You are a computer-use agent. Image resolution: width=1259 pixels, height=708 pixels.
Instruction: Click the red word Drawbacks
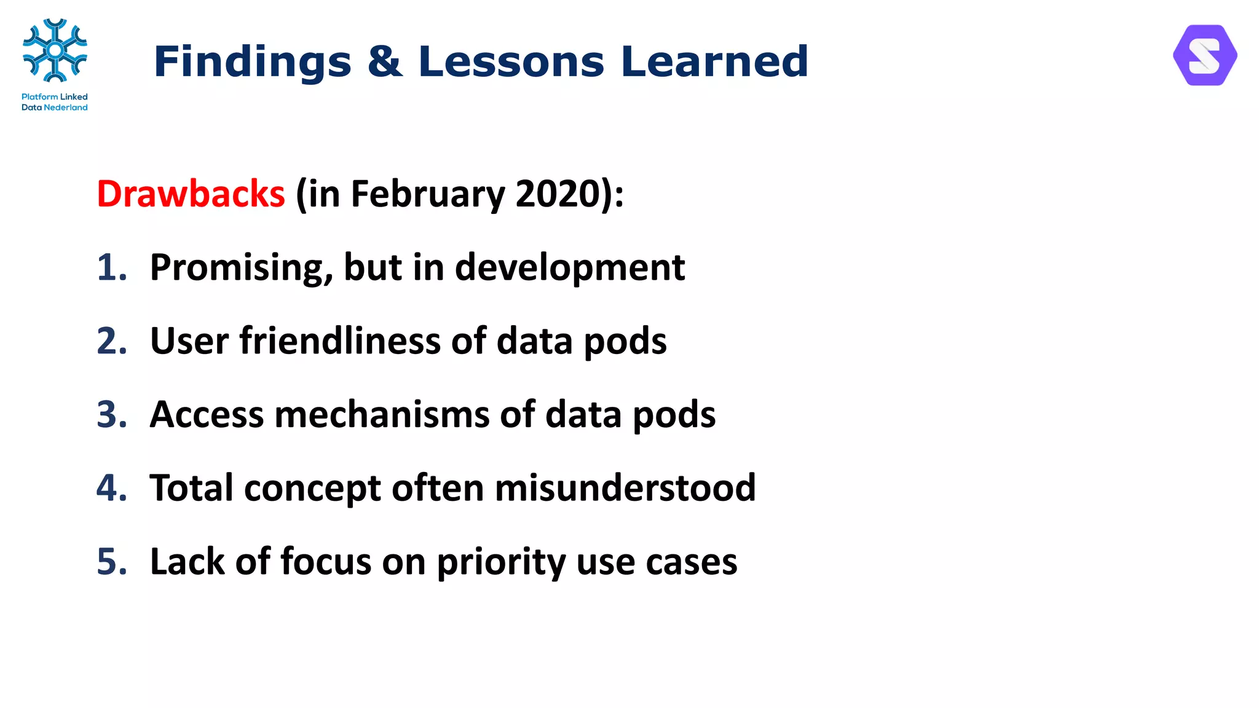[191, 194]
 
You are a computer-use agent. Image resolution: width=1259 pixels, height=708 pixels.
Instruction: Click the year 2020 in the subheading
[557, 194]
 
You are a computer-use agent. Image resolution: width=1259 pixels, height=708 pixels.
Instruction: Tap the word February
[427, 194]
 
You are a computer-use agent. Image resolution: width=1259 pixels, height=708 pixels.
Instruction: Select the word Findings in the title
[252, 61]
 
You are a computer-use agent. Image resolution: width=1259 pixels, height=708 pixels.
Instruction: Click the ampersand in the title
[385, 61]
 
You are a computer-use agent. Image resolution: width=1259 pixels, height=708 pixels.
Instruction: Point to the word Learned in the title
[714, 61]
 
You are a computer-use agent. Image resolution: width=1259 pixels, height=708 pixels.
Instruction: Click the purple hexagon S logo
[1204, 55]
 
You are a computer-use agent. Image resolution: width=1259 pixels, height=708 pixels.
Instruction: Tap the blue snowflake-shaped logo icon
[55, 50]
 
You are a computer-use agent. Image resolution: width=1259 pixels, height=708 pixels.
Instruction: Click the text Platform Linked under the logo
[54, 96]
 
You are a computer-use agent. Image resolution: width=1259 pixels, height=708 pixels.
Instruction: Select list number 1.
[111, 267]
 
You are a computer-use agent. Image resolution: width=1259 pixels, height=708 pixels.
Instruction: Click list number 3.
[111, 414]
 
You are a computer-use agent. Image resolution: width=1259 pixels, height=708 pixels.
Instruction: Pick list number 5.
[111, 562]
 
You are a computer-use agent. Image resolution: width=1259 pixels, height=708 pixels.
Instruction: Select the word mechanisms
[382, 414]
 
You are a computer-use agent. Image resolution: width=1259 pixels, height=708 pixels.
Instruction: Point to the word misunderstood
[625, 488]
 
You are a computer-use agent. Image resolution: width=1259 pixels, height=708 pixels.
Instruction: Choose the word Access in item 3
[207, 414]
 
